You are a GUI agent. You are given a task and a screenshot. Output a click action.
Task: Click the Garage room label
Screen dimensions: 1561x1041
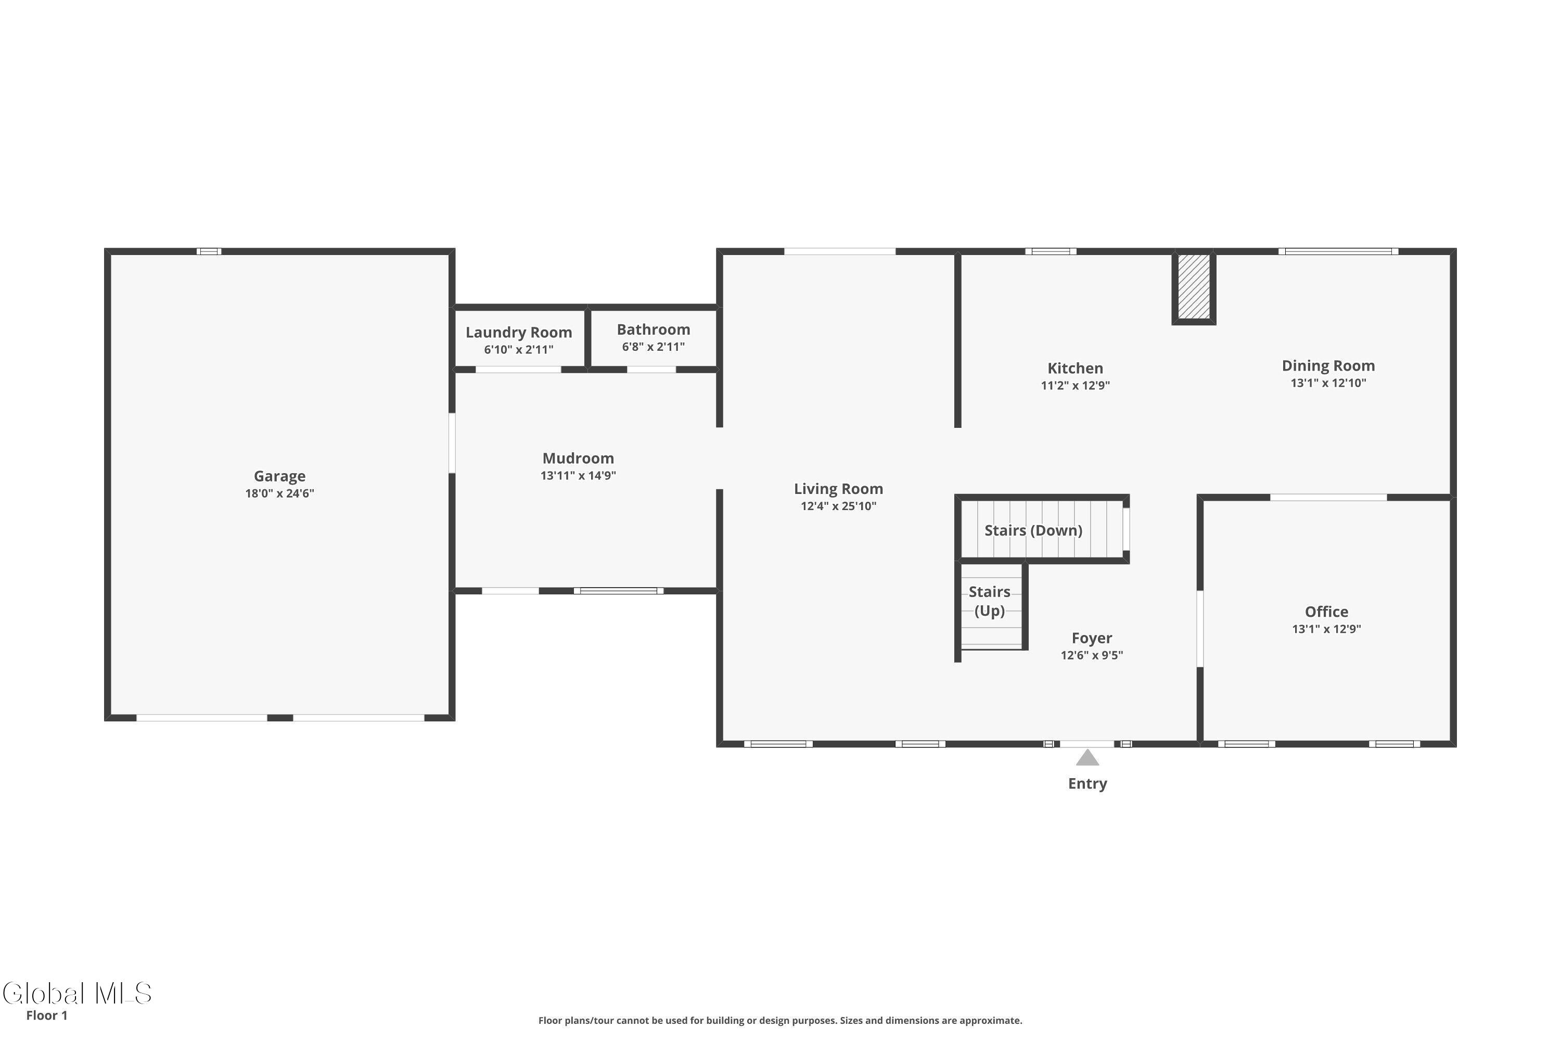279,476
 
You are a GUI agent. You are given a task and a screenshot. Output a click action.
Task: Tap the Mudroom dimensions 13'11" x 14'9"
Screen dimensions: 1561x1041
578,475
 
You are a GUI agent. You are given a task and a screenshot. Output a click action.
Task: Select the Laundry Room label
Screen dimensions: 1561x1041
518,332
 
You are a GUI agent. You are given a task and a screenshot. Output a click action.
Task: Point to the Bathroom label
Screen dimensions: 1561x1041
653,329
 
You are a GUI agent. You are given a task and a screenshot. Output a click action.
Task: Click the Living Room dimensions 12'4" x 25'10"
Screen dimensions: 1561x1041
838,506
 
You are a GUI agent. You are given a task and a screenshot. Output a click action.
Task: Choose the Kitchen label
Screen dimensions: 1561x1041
1075,368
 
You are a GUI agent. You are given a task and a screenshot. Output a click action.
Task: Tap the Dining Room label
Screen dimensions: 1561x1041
1328,366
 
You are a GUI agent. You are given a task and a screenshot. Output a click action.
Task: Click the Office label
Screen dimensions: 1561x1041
1326,612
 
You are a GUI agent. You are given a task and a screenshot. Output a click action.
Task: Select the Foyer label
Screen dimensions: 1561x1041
1092,638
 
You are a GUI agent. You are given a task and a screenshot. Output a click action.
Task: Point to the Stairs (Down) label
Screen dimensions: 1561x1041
1033,530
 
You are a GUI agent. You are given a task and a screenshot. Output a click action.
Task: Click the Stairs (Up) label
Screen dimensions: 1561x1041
990,601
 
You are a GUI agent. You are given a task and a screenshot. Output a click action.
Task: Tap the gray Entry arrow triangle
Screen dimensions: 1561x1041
1087,757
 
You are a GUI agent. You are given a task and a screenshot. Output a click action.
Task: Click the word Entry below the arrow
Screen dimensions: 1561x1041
1087,783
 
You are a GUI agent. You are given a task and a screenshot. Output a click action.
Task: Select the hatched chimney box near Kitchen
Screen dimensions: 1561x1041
1193,287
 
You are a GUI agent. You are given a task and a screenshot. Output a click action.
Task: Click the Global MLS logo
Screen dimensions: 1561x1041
77,994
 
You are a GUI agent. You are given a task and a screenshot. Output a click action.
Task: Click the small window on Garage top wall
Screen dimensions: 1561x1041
209,251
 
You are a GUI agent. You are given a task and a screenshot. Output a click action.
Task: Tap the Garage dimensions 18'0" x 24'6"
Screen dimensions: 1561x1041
279,493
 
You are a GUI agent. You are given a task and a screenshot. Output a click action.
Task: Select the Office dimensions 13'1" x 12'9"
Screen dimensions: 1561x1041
1326,629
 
